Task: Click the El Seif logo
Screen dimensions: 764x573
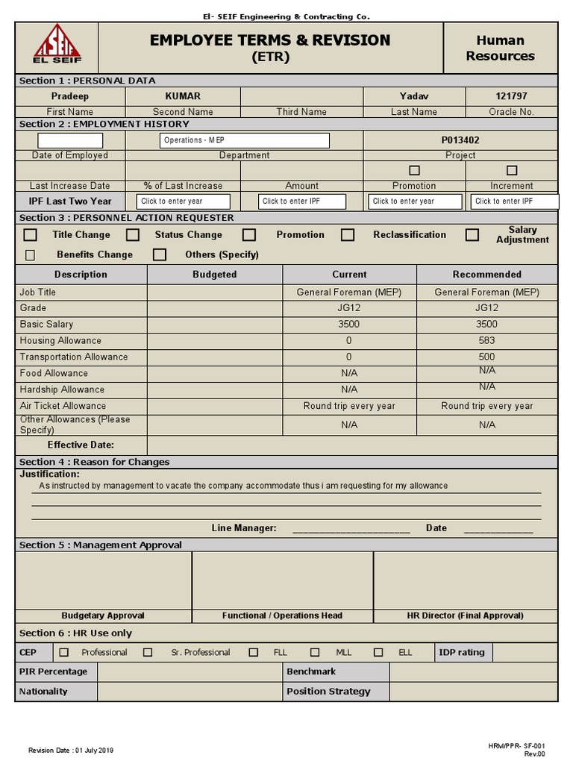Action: tap(57, 46)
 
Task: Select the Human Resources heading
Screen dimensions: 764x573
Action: tap(500, 48)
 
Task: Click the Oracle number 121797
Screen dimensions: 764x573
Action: tap(511, 96)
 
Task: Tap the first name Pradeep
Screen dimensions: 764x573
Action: tap(70, 96)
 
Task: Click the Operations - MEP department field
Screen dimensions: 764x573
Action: tap(245, 140)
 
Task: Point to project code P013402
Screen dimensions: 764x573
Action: tap(460, 140)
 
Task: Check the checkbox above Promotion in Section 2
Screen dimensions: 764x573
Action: tap(414, 170)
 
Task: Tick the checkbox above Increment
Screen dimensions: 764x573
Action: tap(512, 170)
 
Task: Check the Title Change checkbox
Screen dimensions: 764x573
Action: tap(31, 235)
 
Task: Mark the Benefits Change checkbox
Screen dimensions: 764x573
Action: tap(31, 255)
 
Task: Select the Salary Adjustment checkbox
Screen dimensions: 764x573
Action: tap(472, 235)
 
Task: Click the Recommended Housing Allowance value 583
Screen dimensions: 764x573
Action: tap(486, 340)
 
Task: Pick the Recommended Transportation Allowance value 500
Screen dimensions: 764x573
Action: tap(486, 357)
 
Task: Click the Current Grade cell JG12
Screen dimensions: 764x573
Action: tap(349, 307)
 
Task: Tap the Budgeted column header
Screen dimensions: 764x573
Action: tap(214, 275)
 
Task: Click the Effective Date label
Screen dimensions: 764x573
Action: tap(81, 445)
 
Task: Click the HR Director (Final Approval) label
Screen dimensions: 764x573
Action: tap(465, 616)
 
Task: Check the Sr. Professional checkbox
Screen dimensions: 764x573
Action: tap(148, 652)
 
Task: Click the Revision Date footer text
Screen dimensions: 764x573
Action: tap(71, 750)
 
